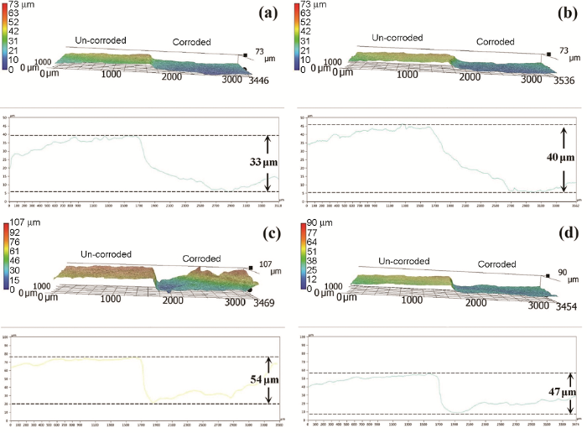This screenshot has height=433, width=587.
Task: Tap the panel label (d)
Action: pyautogui.click(x=567, y=231)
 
